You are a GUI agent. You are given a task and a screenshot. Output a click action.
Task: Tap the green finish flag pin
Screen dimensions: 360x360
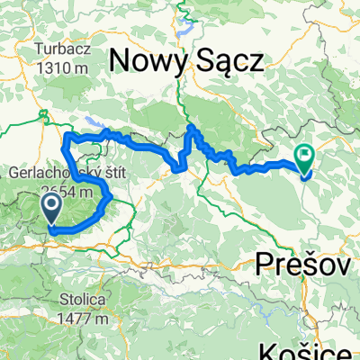coord(304,158)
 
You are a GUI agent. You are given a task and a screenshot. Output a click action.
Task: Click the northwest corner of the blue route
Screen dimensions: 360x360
coord(66,136)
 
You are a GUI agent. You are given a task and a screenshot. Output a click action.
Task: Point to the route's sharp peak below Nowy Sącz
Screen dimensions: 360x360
coord(191,130)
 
